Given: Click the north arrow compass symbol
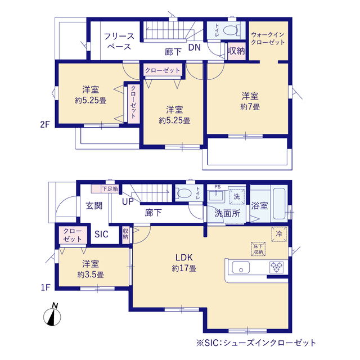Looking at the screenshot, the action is [52, 315].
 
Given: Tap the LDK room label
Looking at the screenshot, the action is [184, 258].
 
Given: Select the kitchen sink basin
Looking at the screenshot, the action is [241, 268].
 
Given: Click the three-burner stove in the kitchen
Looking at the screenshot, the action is [276, 268].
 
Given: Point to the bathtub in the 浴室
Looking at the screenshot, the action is [279, 204].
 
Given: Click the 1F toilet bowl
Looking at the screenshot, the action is [184, 193].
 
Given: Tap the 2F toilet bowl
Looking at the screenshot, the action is [231, 30].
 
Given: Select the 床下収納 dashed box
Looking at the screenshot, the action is [258, 249].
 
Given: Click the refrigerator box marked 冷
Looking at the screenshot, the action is [279, 234].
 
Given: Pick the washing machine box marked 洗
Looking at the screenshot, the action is [237, 196].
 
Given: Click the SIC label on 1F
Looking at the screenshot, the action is [101, 234].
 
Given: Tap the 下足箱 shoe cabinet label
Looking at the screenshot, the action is [110, 189].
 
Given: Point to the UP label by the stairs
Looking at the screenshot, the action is [128, 201].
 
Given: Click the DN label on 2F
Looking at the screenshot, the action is [195, 47].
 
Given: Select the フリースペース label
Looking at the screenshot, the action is [119, 41].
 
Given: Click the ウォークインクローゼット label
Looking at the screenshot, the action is [268, 38].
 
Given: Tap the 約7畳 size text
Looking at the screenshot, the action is [250, 107].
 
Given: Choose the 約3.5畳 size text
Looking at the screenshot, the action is [91, 274].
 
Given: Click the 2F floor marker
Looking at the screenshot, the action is [45, 124].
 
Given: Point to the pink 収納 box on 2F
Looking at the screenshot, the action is [236, 51].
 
